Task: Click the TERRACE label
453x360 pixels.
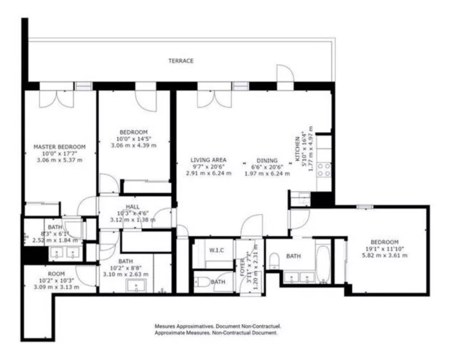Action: click(181, 61)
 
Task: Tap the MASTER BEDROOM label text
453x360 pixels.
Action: click(60, 147)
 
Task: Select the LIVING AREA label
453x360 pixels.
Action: click(208, 160)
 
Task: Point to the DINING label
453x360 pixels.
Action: click(267, 160)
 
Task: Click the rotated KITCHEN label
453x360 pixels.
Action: click(297, 149)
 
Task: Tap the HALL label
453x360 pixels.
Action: click(133, 207)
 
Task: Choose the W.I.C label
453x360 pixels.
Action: click(216, 251)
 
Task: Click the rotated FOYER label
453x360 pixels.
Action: click(243, 267)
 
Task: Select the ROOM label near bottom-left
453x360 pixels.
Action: click(56, 274)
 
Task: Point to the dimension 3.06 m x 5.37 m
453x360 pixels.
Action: click(60, 160)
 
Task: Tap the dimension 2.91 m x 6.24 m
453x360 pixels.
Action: click(209, 173)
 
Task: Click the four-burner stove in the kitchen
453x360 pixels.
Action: click(324, 170)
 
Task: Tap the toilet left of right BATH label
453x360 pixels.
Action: click(273, 261)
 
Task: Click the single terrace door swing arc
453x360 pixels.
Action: click(285, 72)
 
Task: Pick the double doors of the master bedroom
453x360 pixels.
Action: click(57, 99)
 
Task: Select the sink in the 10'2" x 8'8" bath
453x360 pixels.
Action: click(136, 286)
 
